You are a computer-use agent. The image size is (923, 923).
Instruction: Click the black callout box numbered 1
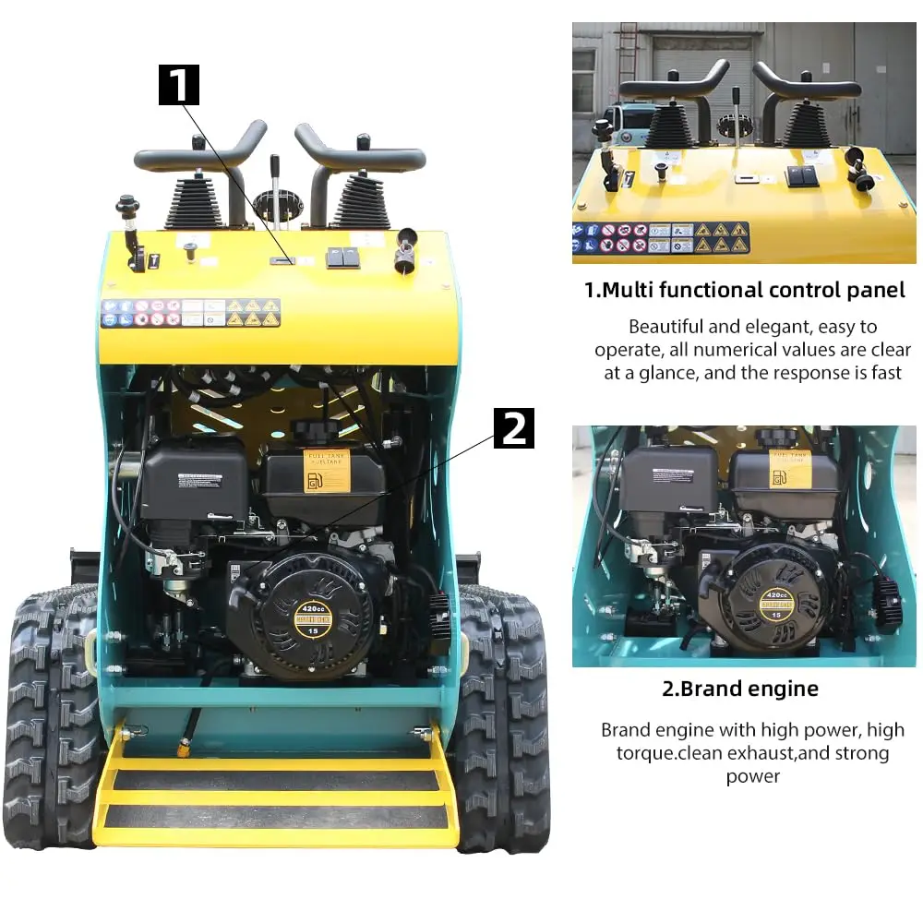(179, 85)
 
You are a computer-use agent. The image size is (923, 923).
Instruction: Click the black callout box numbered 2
(514, 429)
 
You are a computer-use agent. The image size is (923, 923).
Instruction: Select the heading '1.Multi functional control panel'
(745, 290)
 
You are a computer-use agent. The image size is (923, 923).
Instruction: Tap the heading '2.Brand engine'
(740, 689)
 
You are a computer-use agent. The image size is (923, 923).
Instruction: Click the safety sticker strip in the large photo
(190, 313)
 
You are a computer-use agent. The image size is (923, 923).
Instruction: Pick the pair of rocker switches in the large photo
(342, 258)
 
